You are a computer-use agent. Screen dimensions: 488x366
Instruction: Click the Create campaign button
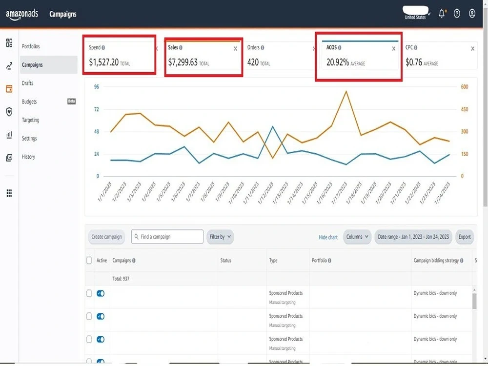click(106, 237)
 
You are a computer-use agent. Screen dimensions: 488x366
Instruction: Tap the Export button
click(465, 237)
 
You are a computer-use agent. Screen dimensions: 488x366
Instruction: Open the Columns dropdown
click(357, 237)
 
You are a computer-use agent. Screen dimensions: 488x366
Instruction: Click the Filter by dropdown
click(220, 237)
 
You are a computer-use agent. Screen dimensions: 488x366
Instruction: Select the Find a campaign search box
click(167, 237)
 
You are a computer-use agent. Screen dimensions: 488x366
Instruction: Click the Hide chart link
click(328, 237)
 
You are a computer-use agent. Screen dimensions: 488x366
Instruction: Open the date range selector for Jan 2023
click(413, 237)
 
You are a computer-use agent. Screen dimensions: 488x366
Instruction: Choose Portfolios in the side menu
click(31, 46)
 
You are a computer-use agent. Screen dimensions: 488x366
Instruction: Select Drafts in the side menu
click(27, 83)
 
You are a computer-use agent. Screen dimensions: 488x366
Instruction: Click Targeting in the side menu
click(30, 120)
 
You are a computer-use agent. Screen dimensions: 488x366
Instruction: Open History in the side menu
click(28, 157)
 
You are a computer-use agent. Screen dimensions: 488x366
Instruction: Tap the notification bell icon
click(442, 14)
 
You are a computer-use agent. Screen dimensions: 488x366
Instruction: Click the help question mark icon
click(457, 14)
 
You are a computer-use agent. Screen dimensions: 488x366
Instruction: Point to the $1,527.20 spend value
click(103, 62)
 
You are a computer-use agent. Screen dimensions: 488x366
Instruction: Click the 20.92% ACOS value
click(338, 62)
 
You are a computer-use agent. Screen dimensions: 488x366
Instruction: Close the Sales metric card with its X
click(235, 48)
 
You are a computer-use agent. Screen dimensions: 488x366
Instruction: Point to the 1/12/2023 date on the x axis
click(266, 193)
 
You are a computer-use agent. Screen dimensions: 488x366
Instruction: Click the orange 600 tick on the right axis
click(465, 87)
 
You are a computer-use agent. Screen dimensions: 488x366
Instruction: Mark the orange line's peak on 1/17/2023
click(346, 91)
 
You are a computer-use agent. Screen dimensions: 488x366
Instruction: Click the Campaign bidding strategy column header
click(436, 261)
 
